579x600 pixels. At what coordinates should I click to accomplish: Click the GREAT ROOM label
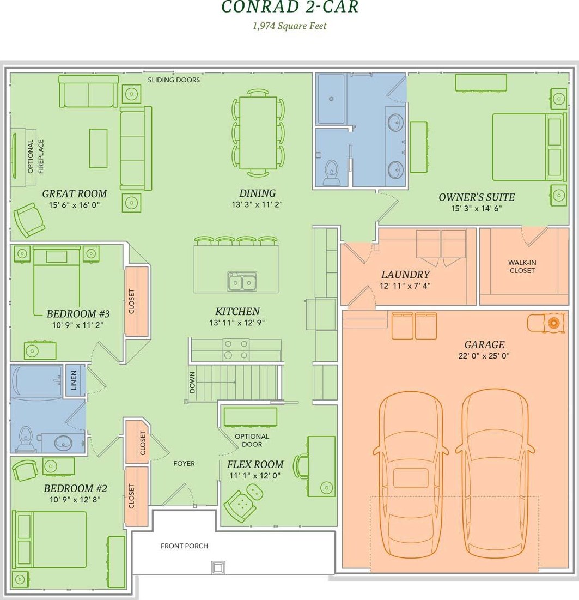coord(75,194)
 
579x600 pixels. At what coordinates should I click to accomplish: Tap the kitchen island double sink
coord(242,282)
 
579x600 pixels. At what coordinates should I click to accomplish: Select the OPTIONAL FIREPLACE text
coord(35,156)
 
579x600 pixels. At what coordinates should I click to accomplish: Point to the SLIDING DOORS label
coord(174,80)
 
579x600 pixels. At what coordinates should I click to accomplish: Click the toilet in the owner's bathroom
coord(331,172)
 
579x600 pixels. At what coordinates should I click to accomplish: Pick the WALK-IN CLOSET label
coord(522,266)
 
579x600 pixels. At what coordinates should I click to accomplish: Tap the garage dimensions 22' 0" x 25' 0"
coord(484,356)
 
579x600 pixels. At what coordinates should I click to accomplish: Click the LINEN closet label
coord(74,380)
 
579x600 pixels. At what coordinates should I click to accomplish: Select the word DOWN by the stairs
coord(192,382)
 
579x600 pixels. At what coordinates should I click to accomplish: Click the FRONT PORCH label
coord(184,546)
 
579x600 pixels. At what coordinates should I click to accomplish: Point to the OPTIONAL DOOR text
coord(252,440)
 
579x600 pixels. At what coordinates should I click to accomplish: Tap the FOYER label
coord(184,464)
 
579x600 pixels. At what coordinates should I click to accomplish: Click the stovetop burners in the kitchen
coord(236,350)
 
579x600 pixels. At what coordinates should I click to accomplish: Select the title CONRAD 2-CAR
coord(290,7)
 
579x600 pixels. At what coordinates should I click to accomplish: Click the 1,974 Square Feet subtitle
coord(290,26)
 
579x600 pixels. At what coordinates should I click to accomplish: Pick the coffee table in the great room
coord(98,148)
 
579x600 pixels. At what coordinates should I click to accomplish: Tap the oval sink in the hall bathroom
coord(63,443)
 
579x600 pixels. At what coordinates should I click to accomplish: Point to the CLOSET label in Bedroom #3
coord(132,301)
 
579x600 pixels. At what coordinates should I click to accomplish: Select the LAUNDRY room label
coord(405,275)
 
